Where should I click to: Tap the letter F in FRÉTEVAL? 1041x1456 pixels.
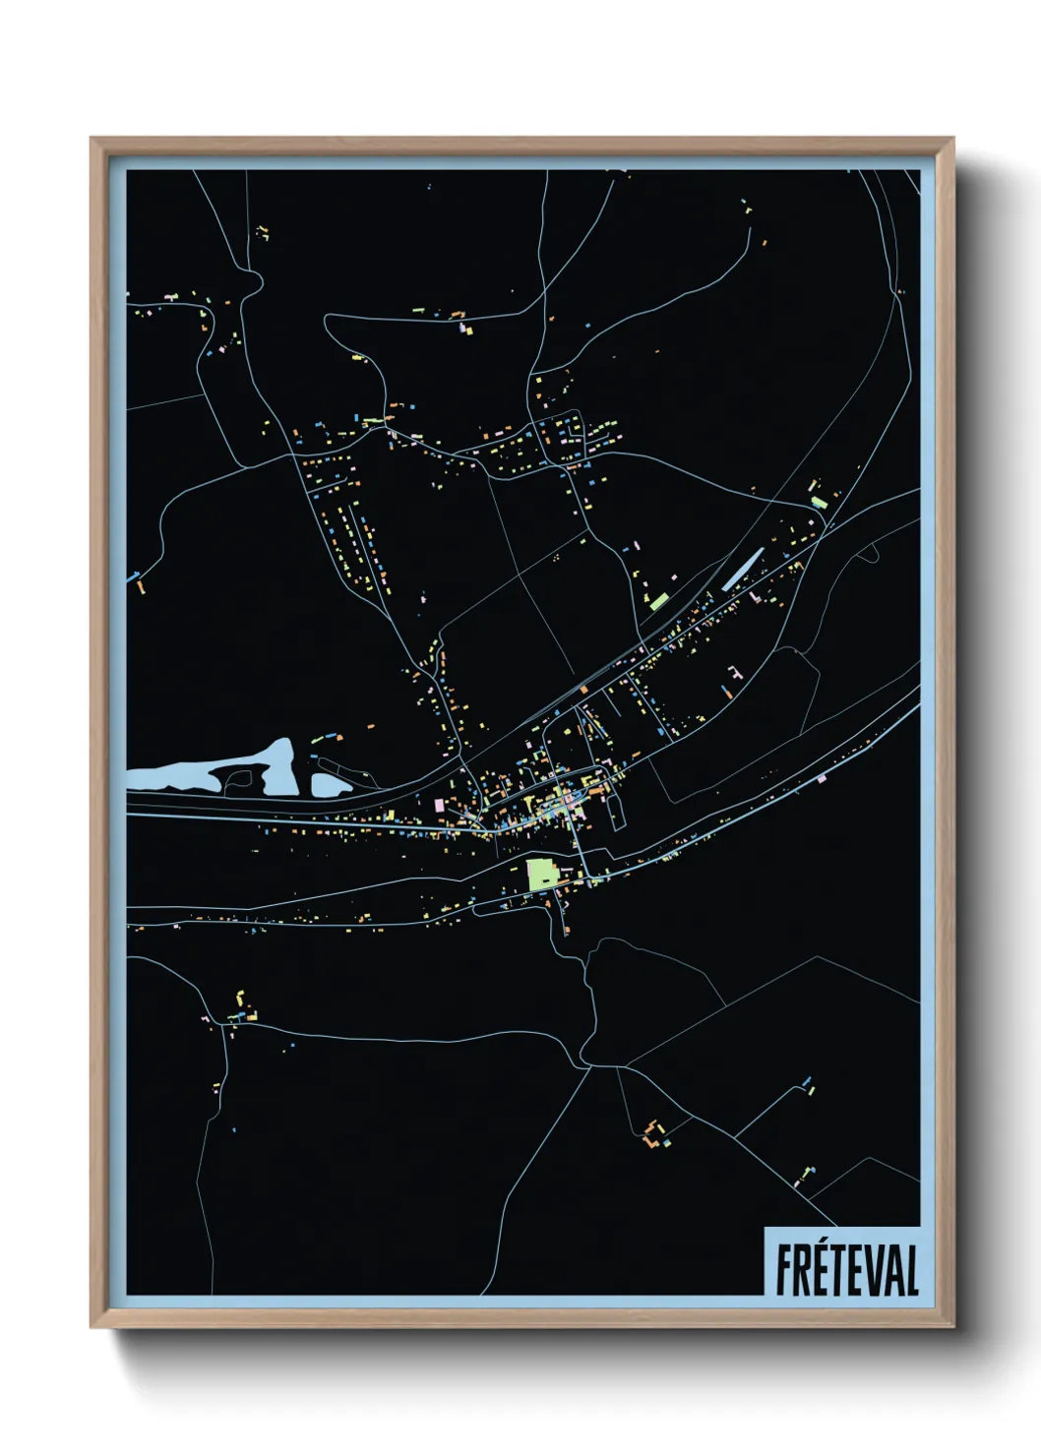(785, 1269)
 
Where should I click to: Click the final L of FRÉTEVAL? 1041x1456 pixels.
(911, 1269)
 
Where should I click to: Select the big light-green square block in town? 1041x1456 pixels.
(541, 874)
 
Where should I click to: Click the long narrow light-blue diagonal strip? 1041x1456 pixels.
(743, 569)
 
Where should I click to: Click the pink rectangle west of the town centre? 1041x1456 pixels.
(439, 805)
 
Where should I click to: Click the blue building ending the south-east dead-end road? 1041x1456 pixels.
(808, 1081)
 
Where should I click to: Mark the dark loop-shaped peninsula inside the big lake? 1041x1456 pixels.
(239, 779)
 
